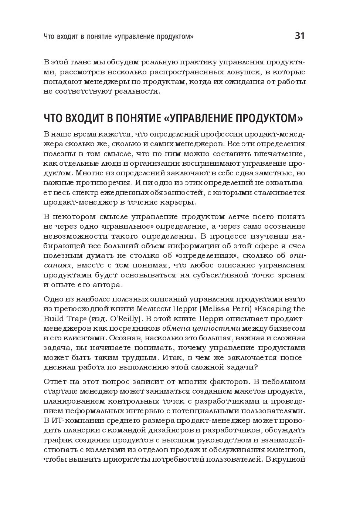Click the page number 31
pyautogui.click(x=300, y=36)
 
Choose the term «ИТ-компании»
pyautogui.click(x=72, y=421)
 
